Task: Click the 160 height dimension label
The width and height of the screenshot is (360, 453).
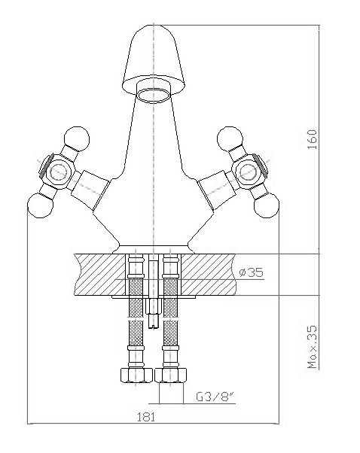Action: (x=313, y=139)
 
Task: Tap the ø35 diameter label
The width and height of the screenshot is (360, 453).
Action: (x=252, y=272)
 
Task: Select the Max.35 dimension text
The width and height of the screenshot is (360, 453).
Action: (x=313, y=347)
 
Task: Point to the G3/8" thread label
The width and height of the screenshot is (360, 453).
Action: (x=215, y=397)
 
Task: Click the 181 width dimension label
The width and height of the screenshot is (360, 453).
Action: (x=146, y=417)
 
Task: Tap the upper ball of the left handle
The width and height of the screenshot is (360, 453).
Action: (x=77, y=138)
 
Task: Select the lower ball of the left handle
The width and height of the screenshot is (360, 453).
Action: (x=41, y=205)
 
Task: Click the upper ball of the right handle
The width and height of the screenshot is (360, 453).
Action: (x=230, y=138)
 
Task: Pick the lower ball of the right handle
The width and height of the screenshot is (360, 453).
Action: (x=267, y=205)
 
